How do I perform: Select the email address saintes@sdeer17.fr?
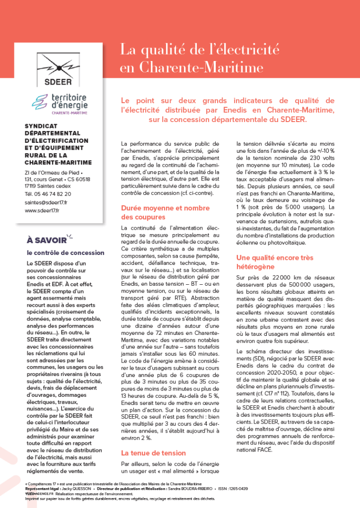pos(46,202)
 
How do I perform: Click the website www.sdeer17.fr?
pos(42,210)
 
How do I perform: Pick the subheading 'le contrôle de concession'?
pos(58,253)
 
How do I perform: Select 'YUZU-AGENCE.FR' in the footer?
pos(39,494)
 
